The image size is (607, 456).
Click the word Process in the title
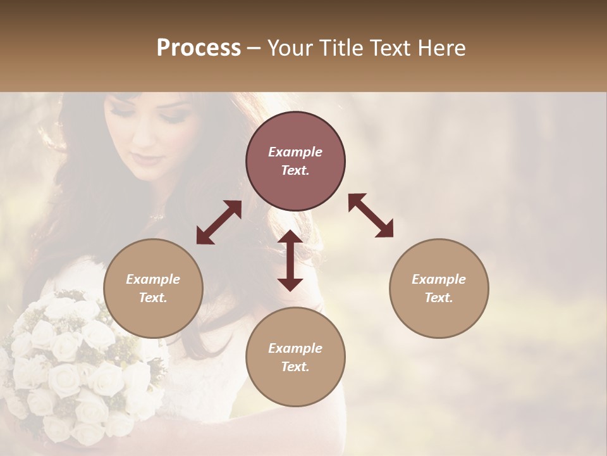click(x=199, y=48)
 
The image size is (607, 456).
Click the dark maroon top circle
click(x=295, y=161)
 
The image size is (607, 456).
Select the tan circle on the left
click(x=153, y=288)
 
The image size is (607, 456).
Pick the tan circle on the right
click(x=439, y=288)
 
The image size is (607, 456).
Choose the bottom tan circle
click(x=295, y=357)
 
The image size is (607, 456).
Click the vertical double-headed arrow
click(x=290, y=260)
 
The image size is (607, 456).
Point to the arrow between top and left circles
click(x=219, y=222)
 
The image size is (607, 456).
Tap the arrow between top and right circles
click(x=371, y=215)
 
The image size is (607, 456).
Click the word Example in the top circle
click(x=295, y=152)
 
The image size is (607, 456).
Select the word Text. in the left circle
click(x=153, y=298)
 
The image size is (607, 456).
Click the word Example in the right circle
click(x=439, y=279)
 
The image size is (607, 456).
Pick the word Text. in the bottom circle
click(x=295, y=367)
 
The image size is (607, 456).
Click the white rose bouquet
click(x=70, y=361)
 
